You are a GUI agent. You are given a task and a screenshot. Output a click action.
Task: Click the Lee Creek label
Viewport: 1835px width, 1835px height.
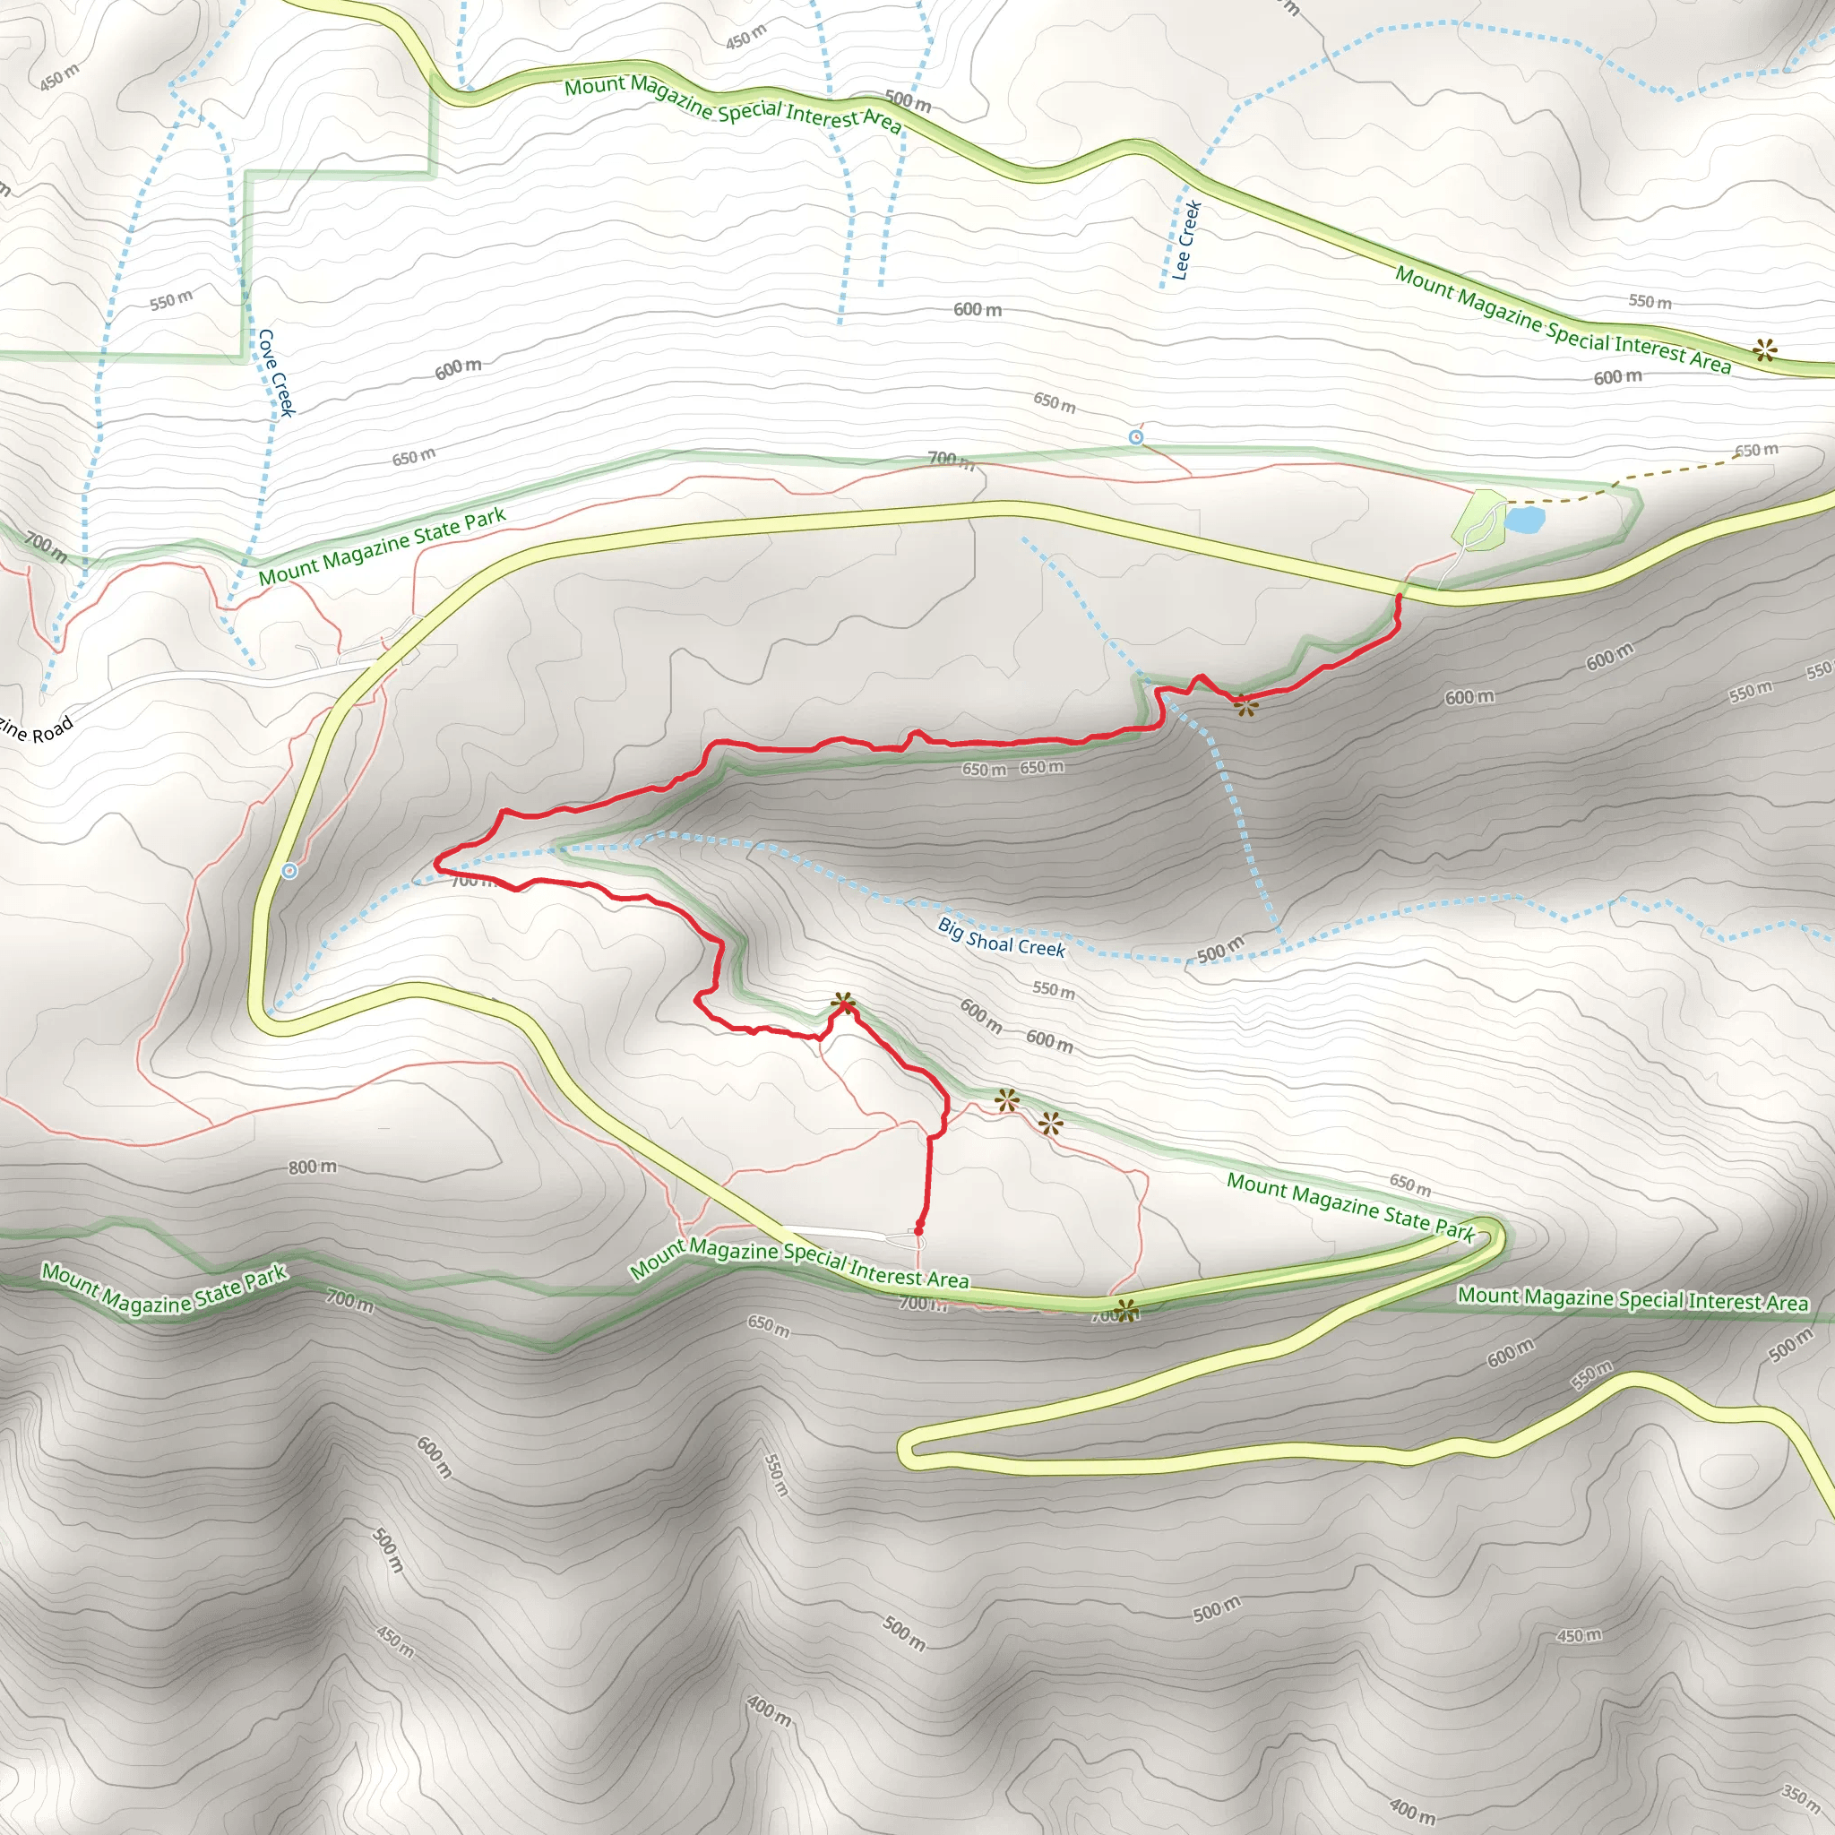tap(1187, 240)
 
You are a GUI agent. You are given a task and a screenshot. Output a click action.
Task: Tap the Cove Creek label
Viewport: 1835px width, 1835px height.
tap(276, 373)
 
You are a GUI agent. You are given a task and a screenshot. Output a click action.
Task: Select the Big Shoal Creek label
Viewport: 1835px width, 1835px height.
tap(1001, 937)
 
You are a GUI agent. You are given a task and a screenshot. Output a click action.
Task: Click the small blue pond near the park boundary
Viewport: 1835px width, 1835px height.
tap(1523, 520)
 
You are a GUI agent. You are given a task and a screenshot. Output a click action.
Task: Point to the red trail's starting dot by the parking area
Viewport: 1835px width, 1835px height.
tap(918, 1231)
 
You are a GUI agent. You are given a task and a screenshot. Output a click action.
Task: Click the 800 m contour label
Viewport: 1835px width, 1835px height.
tap(313, 1167)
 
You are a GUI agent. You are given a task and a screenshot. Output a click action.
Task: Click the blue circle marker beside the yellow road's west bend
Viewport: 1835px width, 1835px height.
tap(290, 871)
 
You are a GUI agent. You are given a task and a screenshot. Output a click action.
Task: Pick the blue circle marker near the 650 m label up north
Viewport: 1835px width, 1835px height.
tap(1136, 437)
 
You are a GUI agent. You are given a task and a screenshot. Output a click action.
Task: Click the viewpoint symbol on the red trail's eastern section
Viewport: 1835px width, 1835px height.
tap(1245, 705)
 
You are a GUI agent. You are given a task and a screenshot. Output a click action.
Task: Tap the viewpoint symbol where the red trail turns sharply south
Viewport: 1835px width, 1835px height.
tap(843, 1003)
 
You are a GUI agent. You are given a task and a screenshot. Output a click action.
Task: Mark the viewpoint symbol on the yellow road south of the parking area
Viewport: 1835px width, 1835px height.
tap(1126, 1311)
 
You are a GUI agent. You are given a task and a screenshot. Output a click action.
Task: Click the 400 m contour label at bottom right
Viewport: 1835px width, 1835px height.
tap(1412, 1810)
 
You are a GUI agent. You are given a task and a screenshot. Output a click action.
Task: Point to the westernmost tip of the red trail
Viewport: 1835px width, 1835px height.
tap(436, 863)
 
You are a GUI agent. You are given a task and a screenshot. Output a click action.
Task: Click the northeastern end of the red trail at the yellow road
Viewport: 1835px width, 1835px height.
tap(1398, 597)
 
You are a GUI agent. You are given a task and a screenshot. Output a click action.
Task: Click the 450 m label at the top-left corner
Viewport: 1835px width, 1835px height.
tap(60, 78)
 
